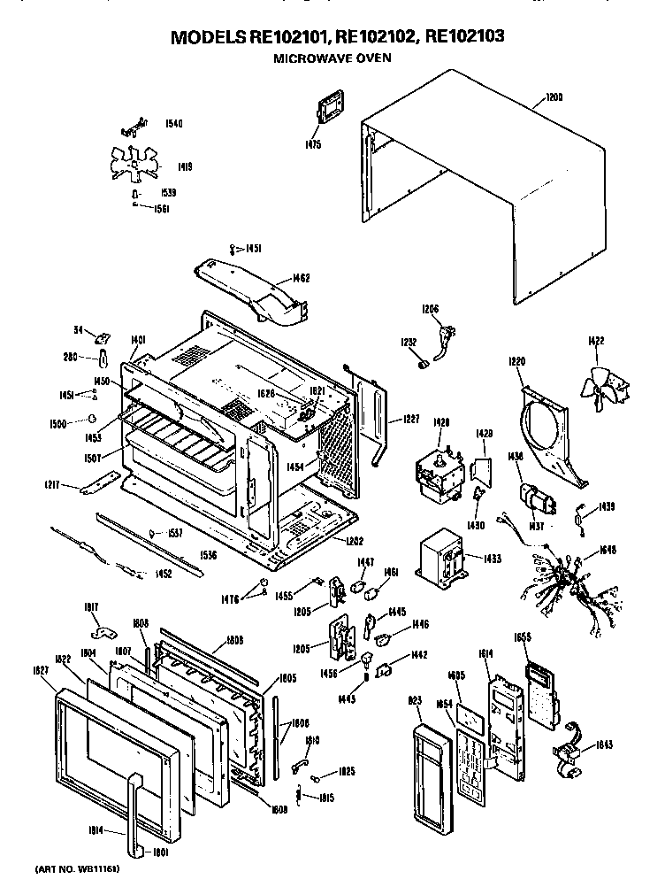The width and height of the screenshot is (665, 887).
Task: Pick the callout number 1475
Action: coord(313,143)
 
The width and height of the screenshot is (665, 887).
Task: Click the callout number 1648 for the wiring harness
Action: coord(608,550)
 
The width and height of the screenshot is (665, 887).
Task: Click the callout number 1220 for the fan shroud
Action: coord(517,361)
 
